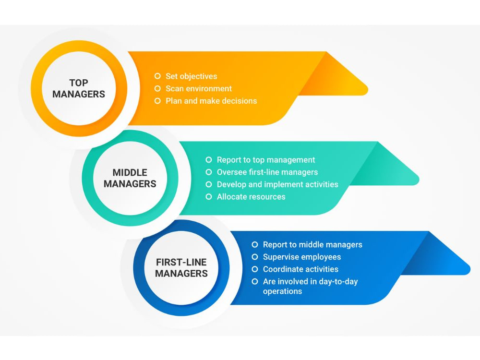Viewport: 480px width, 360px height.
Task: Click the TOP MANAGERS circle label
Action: pyautogui.click(x=79, y=88)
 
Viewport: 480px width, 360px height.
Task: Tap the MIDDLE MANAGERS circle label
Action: pyautogui.click(x=130, y=178)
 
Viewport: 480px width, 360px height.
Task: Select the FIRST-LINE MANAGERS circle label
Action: pyautogui.click(x=181, y=268)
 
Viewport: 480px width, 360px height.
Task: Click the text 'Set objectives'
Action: pyautogui.click(x=192, y=76)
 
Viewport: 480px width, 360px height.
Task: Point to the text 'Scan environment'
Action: pyautogui.click(x=199, y=88)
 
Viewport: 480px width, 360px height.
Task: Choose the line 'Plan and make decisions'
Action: pyautogui.click(x=211, y=101)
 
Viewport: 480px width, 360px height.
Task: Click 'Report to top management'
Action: pyautogui.click(x=266, y=160)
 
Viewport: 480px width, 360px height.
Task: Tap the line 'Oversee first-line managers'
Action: pyautogui.click(x=267, y=172)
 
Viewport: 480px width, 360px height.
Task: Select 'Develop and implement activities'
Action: pyautogui.click(x=277, y=184)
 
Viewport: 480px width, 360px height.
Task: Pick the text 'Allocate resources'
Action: pyautogui.click(x=251, y=196)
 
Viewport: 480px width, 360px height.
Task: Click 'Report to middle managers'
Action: pyautogui.click(x=312, y=245)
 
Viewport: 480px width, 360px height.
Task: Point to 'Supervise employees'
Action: pyautogui.click(x=302, y=257)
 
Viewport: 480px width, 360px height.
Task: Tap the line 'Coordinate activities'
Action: pyautogui.click(x=300, y=269)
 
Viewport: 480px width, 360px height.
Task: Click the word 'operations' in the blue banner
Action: pyautogui.click(x=282, y=291)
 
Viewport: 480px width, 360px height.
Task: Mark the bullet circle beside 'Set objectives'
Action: pyautogui.click(x=157, y=76)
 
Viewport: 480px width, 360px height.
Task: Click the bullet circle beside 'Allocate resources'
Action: pyautogui.click(x=208, y=196)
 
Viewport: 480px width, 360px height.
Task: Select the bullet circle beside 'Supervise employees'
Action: pyautogui.click(x=255, y=257)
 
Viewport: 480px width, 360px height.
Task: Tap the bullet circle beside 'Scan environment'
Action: pyautogui.click(x=157, y=88)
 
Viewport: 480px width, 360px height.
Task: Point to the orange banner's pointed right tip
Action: pyautogui.click(x=368, y=90)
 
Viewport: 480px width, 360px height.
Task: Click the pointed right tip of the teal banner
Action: pyautogui.click(x=419, y=180)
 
